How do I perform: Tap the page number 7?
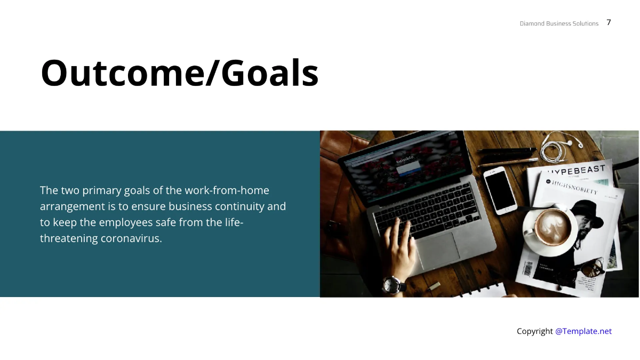tap(609, 22)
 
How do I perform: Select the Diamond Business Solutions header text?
tap(559, 23)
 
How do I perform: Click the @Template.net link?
tap(583, 331)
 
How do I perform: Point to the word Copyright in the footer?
tap(534, 331)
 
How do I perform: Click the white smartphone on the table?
tap(500, 190)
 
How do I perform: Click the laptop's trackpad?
tap(438, 248)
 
